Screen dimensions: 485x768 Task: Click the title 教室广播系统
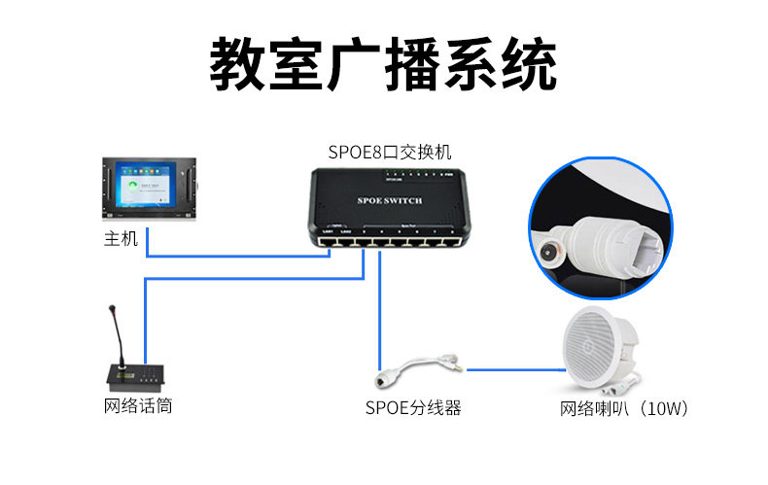click(384, 65)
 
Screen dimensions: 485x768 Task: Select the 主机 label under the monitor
click(121, 238)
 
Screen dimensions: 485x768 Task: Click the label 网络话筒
click(138, 406)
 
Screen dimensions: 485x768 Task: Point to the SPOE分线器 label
click(413, 408)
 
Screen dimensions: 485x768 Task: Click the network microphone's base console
click(136, 376)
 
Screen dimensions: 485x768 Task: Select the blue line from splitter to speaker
click(515, 367)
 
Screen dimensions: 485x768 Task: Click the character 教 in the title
click(239, 65)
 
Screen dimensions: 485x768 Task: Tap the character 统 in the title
click(528, 65)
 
